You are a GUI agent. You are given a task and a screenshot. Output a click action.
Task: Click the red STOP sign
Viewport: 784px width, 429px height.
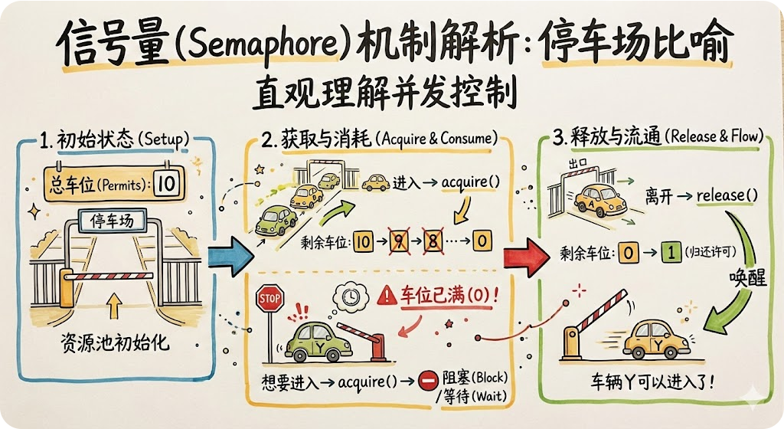click(269, 296)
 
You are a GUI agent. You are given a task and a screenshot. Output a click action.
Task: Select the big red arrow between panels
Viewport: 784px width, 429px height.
click(526, 252)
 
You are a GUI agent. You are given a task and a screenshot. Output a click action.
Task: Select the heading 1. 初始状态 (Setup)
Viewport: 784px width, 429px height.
click(113, 141)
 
